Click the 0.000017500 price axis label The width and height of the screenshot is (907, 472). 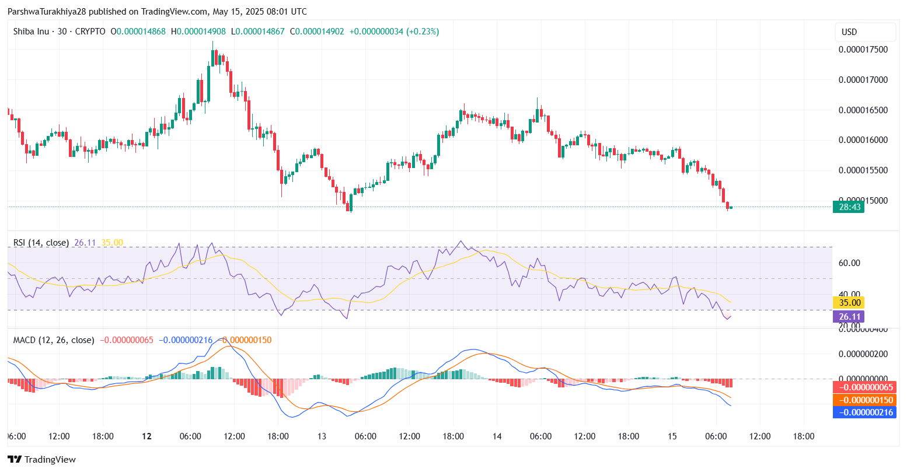pyautogui.click(x=863, y=50)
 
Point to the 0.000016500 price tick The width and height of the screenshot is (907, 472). pyautogui.click(x=863, y=110)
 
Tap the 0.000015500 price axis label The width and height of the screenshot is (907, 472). pyautogui.click(x=863, y=170)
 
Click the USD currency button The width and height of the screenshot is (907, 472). pyautogui.click(x=849, y=32)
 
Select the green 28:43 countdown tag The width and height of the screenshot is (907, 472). pyautogui.click(x=848, y=207)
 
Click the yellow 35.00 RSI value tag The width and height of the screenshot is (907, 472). pyautogui.click(x=849, y=302)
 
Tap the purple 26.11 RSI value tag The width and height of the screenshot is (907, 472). pyautogui.click(x=849, y=317)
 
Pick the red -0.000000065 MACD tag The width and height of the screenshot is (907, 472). pyautogui.click(x=864, y=387)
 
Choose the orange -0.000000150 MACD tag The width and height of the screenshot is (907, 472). pyautogui.click(x=864, y=400)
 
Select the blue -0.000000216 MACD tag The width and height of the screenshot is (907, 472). pyautogui.click(x=864, y=412)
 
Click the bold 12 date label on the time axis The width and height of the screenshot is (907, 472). pyautogui.click(x=146, y=436)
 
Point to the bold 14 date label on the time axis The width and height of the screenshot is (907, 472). pyautogui.click(x=497, y=436)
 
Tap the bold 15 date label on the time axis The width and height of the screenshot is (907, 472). pyautogui.click(x=672, y=436)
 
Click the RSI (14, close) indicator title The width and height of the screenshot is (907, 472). pyautogui.click(x=41, y=243)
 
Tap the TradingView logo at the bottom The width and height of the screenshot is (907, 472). pyautogui.click(x=41, y=460)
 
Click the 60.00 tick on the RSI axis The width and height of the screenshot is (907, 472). pyautogui.click(x=849, y=263)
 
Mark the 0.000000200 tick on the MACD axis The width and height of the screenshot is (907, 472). pyautogui.click(x=863, y=354)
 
